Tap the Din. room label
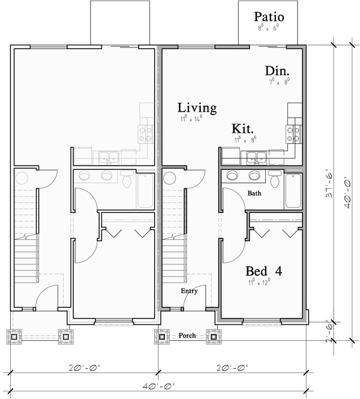coord(278,71)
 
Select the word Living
coord(197,108)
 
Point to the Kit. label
coord(242,129)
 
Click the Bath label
coord(254,194)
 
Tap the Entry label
coord(190,291)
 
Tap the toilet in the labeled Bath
coord(275,179)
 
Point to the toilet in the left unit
coord(127,179)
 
